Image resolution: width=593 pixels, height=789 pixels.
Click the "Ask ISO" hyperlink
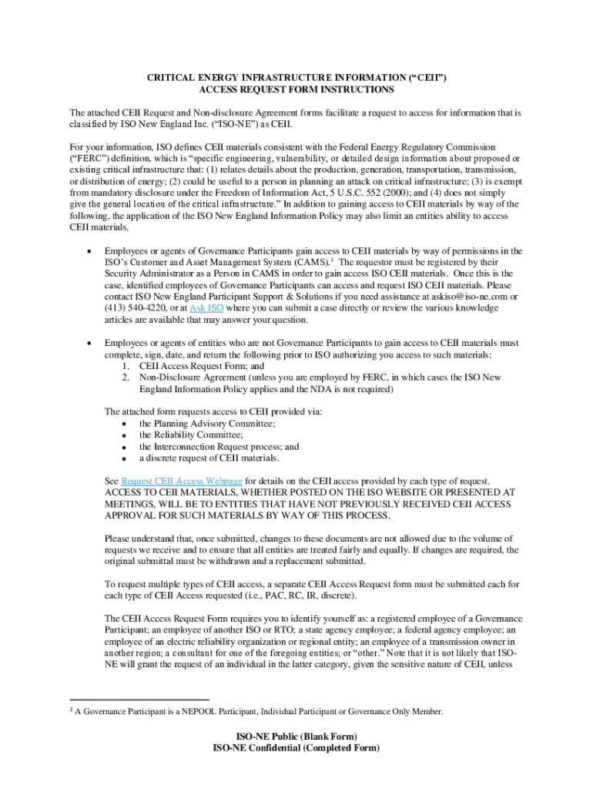[x=207, y=308]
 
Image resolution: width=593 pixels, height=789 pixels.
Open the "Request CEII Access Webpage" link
[x=182, y=481]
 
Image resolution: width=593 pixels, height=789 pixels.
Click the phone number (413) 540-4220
[x=135, y=308]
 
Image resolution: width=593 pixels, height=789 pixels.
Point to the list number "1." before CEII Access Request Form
[x=126, y=366]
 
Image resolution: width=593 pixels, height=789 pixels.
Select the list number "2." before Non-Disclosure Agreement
[x=126, y=378]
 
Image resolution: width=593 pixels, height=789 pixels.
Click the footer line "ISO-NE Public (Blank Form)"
[x=296, y=737]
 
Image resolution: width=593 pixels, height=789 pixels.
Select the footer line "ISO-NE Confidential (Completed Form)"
[x=296, y=748]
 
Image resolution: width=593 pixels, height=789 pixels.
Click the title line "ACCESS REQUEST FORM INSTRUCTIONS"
[x=296, y=90]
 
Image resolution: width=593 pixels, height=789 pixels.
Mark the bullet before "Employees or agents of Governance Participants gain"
[x=92, y=251]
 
